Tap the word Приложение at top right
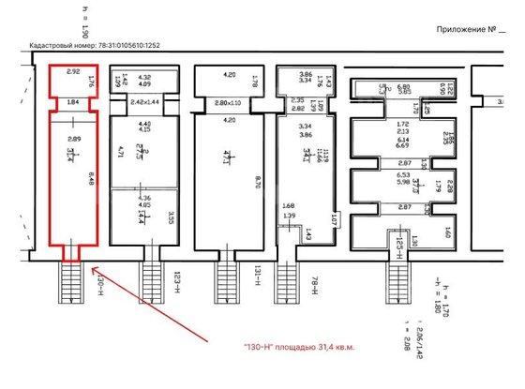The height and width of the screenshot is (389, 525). tap(466, 30)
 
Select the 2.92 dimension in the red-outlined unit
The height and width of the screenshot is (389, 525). tap(72, 71)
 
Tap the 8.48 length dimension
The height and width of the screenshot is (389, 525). tap(90, 176)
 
